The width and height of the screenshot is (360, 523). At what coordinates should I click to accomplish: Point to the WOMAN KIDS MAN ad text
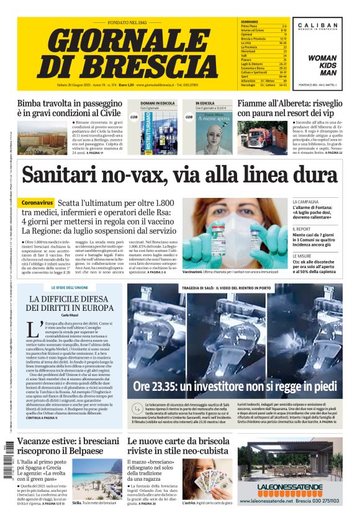(323, 65)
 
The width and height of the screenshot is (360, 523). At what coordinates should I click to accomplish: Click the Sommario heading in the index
(250, 22)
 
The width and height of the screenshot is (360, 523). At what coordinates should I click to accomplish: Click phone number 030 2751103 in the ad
(320, 500)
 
